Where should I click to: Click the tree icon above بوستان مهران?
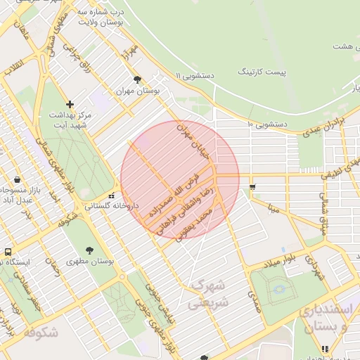click(136, 79)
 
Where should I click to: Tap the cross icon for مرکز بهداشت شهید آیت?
click(70, 104)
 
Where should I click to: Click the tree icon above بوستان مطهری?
click(89, 250)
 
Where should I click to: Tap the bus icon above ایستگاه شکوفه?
click(8, 251)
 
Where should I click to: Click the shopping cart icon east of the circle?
click(252, 186)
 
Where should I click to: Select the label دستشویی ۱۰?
click(267, 124)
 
